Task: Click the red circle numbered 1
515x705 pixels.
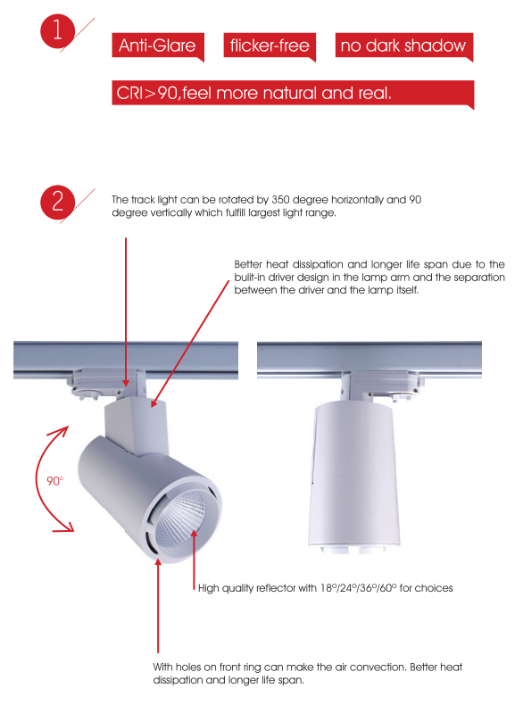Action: coord(58,30)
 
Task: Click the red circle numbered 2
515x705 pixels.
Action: coord(58,202)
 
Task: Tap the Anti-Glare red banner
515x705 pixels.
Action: coord(158,46)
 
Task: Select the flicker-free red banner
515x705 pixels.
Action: coord(270,46)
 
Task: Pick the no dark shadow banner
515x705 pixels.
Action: coord(404,46)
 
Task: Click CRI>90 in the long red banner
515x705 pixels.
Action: coord(146,93)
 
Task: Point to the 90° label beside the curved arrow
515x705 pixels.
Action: coord(55,481)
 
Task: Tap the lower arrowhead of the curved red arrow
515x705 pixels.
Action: coord(68,527)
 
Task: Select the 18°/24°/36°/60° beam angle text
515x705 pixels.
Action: coord(359,588)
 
